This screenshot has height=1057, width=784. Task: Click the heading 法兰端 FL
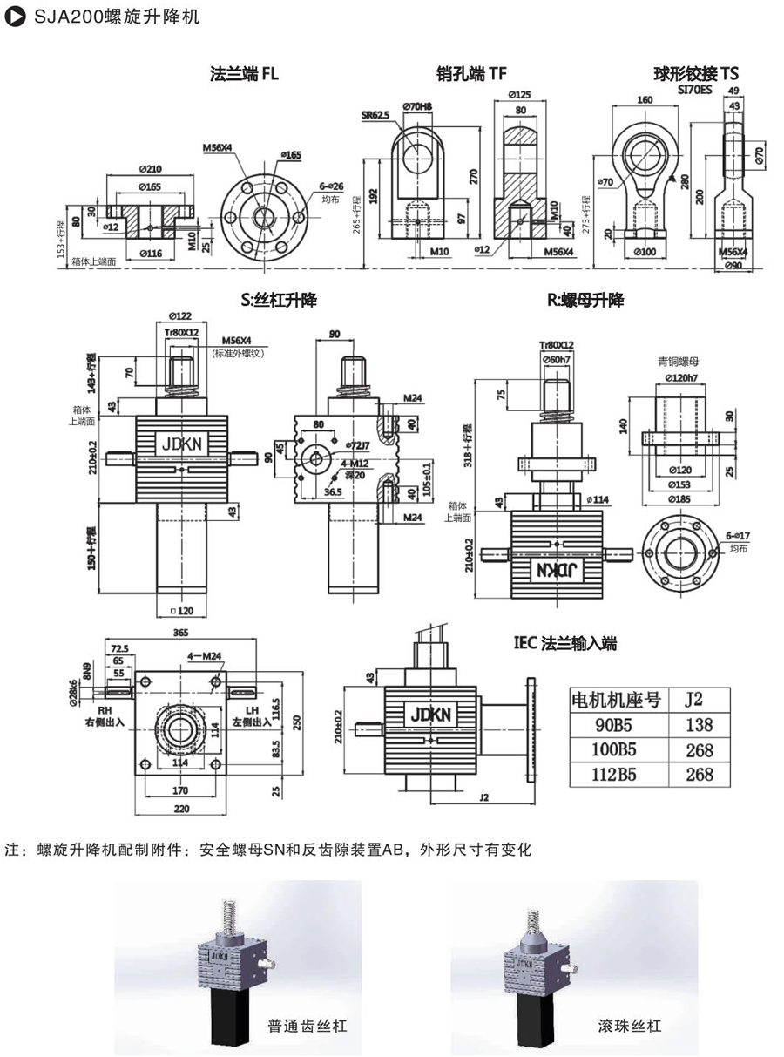(244, 74)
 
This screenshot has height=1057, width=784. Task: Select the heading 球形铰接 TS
(696, 74)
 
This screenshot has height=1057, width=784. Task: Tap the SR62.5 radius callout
(376, 114)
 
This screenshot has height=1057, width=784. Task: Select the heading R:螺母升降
(585, 301)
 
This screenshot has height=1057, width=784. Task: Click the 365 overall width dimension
(179, 634)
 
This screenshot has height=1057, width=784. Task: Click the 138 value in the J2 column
(699, 724)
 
